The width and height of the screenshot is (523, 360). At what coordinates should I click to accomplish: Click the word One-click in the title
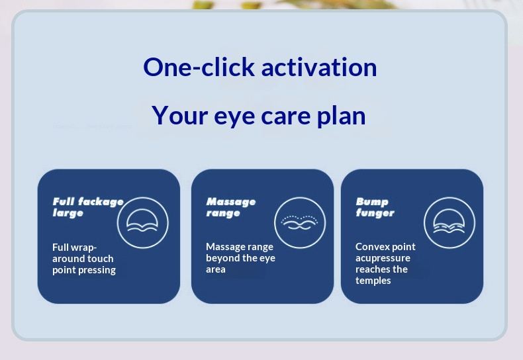[x=199, y=67]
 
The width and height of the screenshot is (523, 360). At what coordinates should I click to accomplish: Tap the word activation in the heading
[x=319, y=67]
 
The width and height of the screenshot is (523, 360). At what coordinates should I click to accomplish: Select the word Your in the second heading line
[x=180, y=115]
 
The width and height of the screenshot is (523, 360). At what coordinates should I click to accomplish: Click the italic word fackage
[x=101, y=202]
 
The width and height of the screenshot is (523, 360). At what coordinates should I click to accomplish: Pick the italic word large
[x=68, y=213]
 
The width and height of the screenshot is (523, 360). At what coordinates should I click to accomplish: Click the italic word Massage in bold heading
[x=231, y=202]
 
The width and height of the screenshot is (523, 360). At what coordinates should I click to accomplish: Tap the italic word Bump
[x=372, y=202]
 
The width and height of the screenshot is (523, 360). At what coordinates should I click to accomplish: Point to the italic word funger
[x=375, y=212]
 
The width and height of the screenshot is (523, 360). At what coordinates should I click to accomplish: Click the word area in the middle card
[x=215, y=269]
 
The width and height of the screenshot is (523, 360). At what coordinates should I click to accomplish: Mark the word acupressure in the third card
[x=383, y=258]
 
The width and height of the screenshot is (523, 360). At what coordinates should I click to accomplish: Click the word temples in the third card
[x=373, y=281]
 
